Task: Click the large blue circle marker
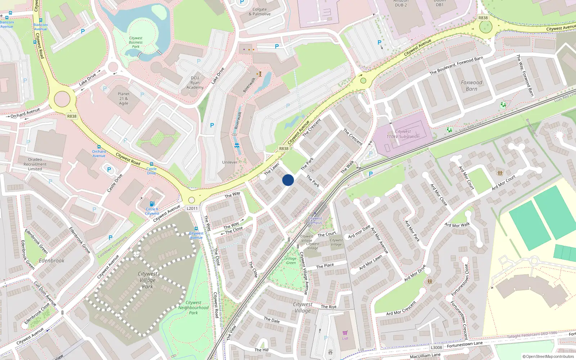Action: (288, 180)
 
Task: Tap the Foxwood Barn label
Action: (471, 86)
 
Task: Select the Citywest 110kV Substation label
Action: (403, 134)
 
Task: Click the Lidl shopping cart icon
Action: (345, 333)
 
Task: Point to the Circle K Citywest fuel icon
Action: (152, 204)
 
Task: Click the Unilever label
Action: (230, 162)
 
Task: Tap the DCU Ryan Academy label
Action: (195, 82)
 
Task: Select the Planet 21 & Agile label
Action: (123, 98)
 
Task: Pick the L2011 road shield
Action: (192, 208)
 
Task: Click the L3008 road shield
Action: (436, 347)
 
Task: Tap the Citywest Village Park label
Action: (147, 280)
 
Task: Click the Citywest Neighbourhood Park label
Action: (193, 308)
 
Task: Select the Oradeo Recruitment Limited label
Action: (35, 164)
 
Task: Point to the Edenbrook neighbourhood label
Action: (51, 261)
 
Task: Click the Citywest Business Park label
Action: (136, 42)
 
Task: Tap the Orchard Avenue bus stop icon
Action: (99, 147)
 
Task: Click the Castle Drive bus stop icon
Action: (151, 164)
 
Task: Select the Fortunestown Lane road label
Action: (464, 345)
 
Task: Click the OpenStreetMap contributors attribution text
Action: (548, 357)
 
